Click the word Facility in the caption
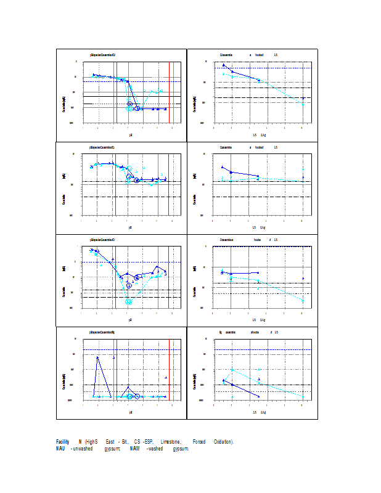coord(62,442)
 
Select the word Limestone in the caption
coord(171,442)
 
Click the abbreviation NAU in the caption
coord(60,449)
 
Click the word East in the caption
coord(110,442)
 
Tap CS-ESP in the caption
coord(143,442)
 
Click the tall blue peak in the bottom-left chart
coord(97,357)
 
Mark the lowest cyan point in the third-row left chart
coord(129,302)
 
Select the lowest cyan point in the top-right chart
coord(303,104)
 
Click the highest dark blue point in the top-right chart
coord(224,65)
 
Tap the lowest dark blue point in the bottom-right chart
coord(259,396)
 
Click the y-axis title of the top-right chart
coord(195,97)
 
